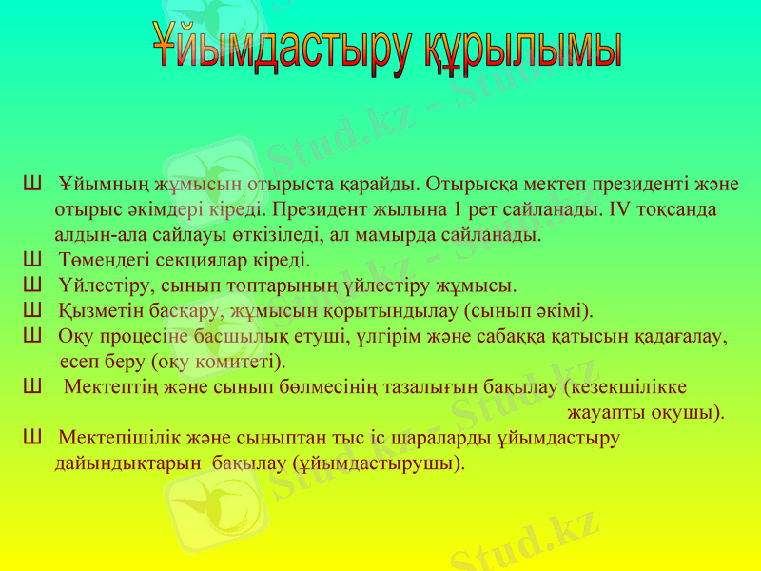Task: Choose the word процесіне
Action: (146, 337)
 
